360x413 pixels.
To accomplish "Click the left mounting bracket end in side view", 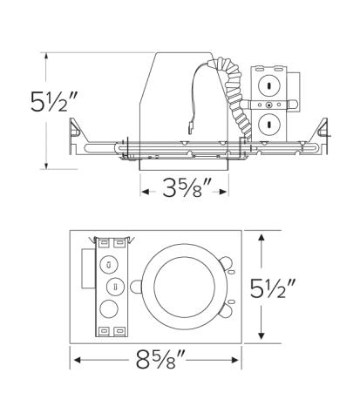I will click(x=78, y=132).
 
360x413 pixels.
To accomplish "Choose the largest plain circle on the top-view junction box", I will click(x=111, y=309).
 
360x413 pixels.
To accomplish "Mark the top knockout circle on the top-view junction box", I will click(x=110, y=262).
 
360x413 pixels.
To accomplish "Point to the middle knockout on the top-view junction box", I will click(x=111, y=287).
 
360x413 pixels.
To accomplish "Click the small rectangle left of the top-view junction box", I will click(x=86, y=269).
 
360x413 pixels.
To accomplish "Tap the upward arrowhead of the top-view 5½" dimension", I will click(x=262, y=238).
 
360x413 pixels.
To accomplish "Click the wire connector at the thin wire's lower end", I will click(x=190, y=132).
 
